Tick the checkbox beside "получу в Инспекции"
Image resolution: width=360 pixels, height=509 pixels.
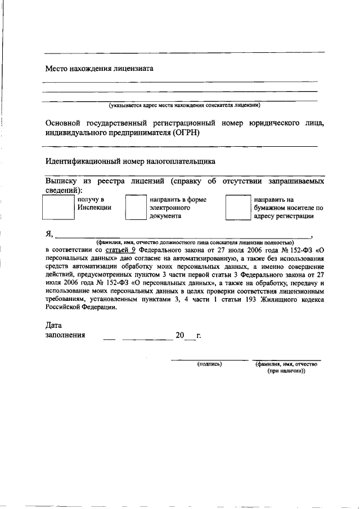pyautogui.click(x=58, y=207)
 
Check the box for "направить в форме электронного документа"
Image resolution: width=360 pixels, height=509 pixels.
pyautogui.click(x=135, y=208)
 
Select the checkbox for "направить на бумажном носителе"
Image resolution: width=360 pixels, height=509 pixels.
pyautogui.click(x=237, y=208)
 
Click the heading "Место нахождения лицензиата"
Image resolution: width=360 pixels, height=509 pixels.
pyautogui.click(x=100, y=69)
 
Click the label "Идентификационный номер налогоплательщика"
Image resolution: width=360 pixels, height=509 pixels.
pyautogui.click(x=130, y=161)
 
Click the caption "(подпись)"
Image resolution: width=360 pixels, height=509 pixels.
pyautogui.click(x=209, y=364)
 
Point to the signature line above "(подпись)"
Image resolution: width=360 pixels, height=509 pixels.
pyautogui.click(x=209, y=359)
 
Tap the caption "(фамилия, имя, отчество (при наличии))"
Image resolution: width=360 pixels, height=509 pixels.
pyautogui.click(x=286, y=367)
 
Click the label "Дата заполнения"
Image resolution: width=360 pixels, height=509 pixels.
pyautogui.click(x=65, y=330)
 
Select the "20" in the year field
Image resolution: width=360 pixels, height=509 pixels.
pyautogui.click(x=179, y=335)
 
